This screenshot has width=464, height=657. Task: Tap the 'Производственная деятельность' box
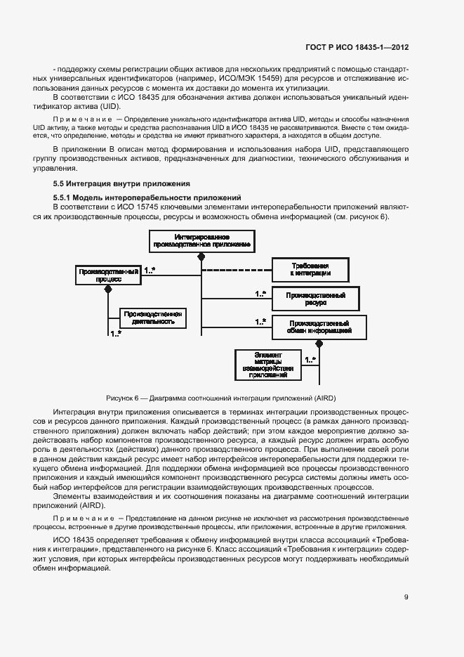152,318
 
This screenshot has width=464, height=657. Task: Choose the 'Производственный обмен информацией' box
319,326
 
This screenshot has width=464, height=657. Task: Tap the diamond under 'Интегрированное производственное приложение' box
201,258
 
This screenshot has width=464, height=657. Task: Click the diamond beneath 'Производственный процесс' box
107,289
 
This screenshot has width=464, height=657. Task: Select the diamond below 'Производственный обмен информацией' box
319,343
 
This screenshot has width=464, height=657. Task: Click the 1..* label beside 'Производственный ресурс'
260,294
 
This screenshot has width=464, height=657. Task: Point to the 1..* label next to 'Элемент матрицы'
310,360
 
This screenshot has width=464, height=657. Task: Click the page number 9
406,597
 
